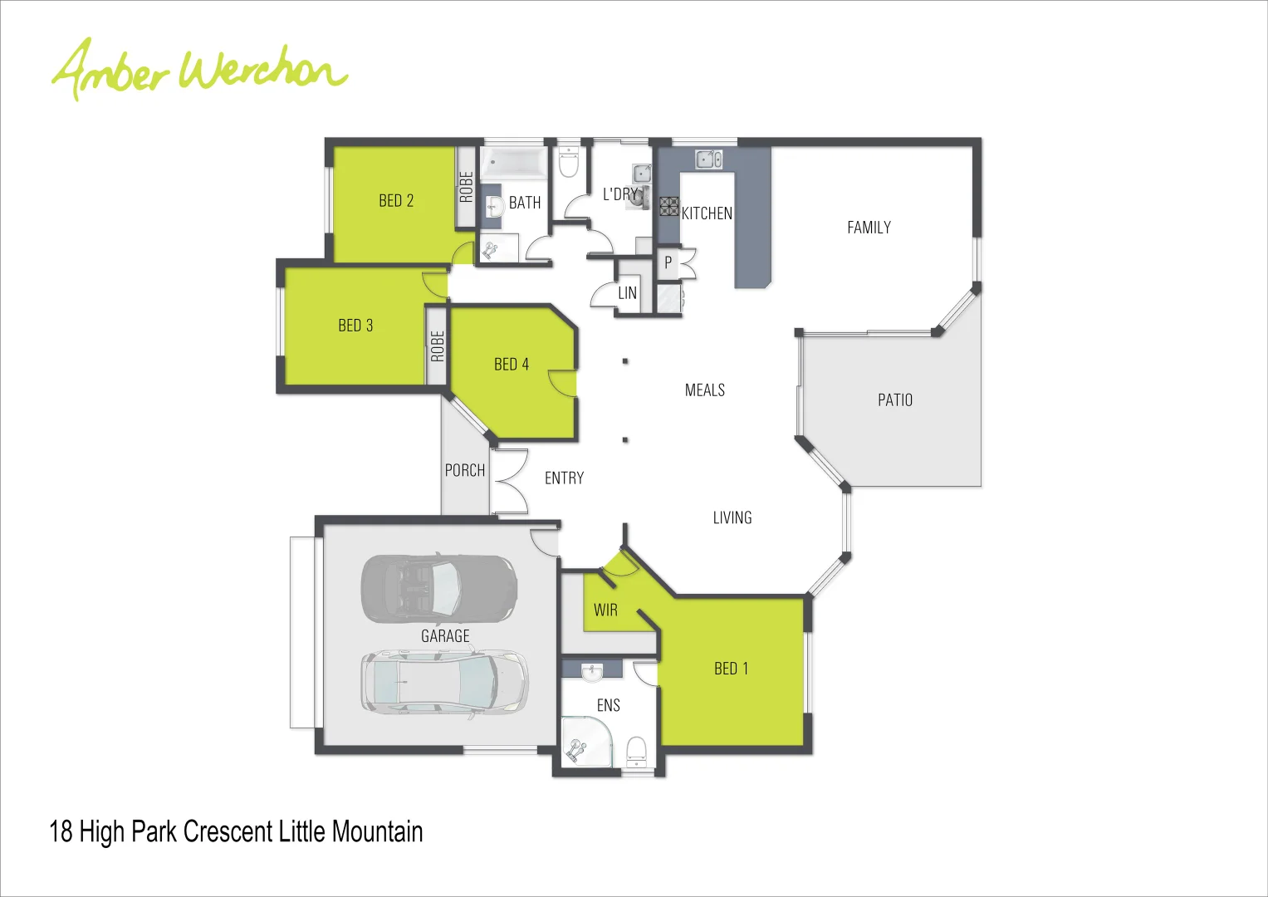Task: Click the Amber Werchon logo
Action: pyautogui.click(x=199, y=68)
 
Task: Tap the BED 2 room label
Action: pyautogui.click(x=396, y=201)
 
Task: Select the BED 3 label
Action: pyautogui.click(x=355, y=326)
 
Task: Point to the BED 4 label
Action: pyautogui.click(x=511, y=365)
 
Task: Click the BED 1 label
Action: pyautogui.click(x=731, y=669)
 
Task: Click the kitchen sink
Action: pyautogui.click(x=708, y=159)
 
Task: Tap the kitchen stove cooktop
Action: pyautogui.click(x=669, y=207)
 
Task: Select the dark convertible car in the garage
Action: pyautogui.click(x=438, y=588)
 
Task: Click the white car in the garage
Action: pyautogui.click(x=444, y=682)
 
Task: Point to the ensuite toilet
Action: pyautogui.click(x=636, y=750)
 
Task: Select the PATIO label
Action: pyautogui.click(x=894, y=400)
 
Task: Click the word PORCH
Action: pyautogui.click(x=464, y=471)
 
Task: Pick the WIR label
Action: pyautogui.click(x=605, y=610)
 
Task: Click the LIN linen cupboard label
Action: pyautogui.click(x=627, y=293)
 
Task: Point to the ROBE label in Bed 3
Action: pyautogui.click(x=438, y=346)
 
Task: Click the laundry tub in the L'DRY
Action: pyautogui.click(x=642, y=174)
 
